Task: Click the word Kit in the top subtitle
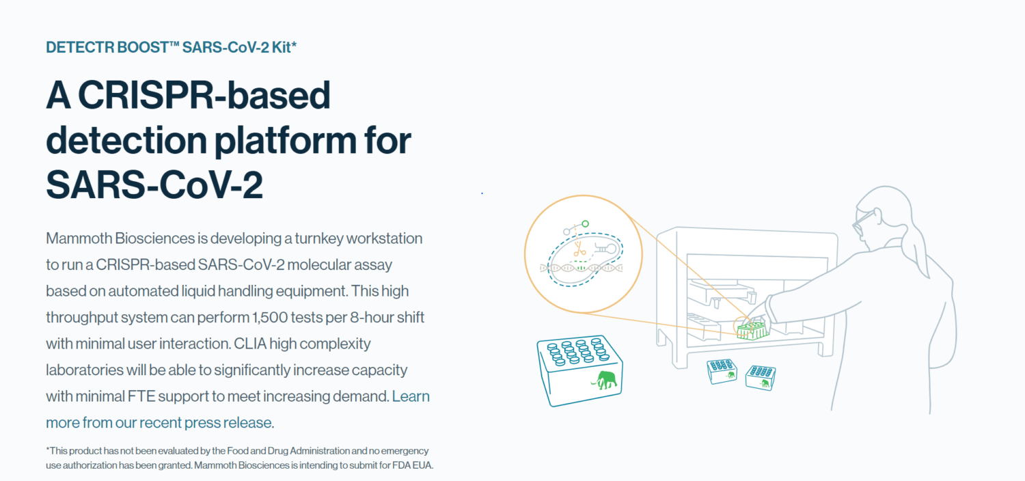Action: pyautogui.click(x=282, y=47)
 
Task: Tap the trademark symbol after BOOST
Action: pyautogui.click(x=174, y=44)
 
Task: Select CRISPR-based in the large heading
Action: pyautogui.click(x=204, y=95)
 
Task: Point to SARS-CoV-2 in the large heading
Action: pyautogui.click(x=154, y=184)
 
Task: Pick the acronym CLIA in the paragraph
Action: pyautogui.click(x=250, y=344)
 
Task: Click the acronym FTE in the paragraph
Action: pyautogui.click(x=141, y=396)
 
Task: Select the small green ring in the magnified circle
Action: pyautogui.click(x=585, y=224)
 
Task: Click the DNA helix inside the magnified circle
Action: pyautogui.click(x=581, y=268)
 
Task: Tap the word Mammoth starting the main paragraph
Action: pyautogui.click(x=79, y=238)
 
